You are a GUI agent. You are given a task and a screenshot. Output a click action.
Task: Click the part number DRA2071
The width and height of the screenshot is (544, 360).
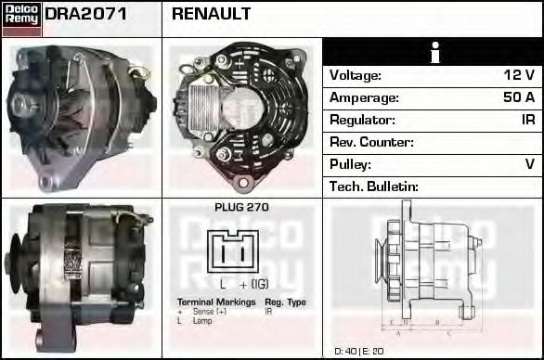pos(86,14)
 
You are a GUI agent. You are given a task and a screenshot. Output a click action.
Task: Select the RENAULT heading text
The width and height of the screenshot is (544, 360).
pos(211,14)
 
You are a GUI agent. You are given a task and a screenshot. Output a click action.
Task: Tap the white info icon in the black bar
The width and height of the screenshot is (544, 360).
pos(433,53)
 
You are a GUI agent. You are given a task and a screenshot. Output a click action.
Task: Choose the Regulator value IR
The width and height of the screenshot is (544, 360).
pos(527,120)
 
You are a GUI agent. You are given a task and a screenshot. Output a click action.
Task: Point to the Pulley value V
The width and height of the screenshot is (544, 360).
pos(529,164)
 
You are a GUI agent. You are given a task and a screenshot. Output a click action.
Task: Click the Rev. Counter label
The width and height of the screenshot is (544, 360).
pos(370,142)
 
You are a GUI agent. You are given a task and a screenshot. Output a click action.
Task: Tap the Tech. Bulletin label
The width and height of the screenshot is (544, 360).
pos(374,186)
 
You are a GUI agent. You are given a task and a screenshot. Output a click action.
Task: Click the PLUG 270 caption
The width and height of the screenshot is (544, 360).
pos(240,207)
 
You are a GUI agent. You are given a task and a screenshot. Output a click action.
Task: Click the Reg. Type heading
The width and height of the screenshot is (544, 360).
pos(284,302)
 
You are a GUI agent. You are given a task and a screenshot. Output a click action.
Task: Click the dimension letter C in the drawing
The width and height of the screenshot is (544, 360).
pos(448,331)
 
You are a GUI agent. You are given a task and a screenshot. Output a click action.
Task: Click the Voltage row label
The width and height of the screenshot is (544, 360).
pos(355,75)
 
